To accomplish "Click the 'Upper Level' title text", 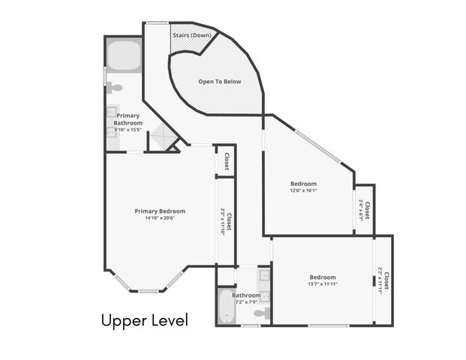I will [144, 320].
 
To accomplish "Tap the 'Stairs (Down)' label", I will [191, 35].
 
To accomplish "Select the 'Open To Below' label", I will [219, 81].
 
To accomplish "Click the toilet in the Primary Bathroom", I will [114, 88].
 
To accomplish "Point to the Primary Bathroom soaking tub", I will [122, 55].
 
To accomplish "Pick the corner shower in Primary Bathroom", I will [161, 138].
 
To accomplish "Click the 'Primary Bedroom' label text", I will [160, 211].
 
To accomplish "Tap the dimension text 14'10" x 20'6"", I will [160, 219].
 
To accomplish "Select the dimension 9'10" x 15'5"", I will [128, 130].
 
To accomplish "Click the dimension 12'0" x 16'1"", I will [303, 190].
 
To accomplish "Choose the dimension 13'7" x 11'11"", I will [323, 284].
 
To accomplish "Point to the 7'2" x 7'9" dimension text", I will [245, 302].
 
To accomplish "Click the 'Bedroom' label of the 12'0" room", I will [303, 184].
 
